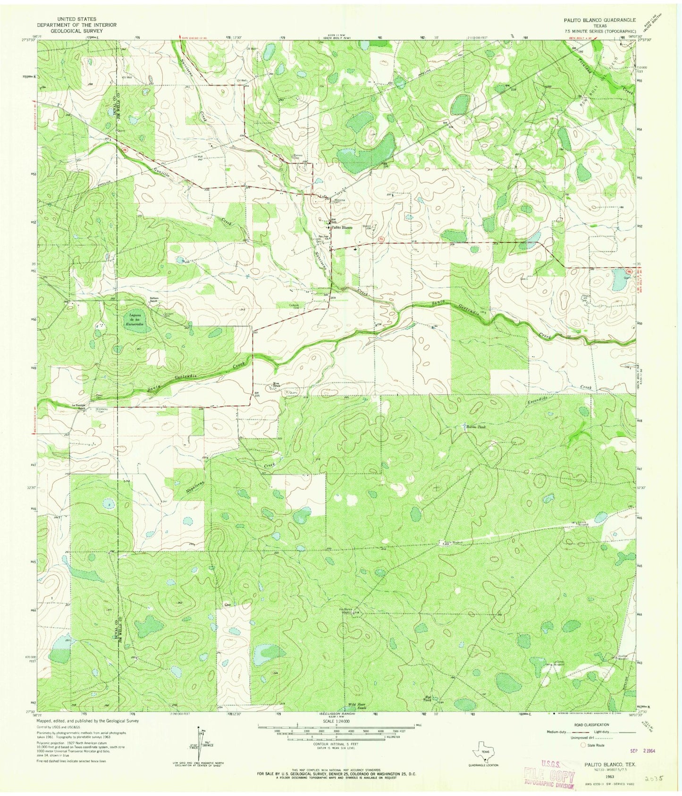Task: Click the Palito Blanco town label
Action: (x=342, y=227)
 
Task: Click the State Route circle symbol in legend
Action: (x=583, y=746)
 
